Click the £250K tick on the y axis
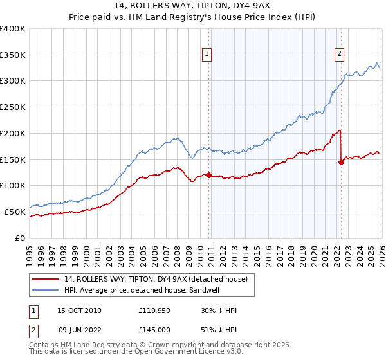click(x=13, y=107)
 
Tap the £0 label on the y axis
click(x=21, y=238)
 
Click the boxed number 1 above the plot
click(x=207, y=55)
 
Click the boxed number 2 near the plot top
click(x=339, y=55)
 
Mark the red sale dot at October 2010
click(x=208, y=175)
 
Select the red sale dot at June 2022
click(x=341, y=162)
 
